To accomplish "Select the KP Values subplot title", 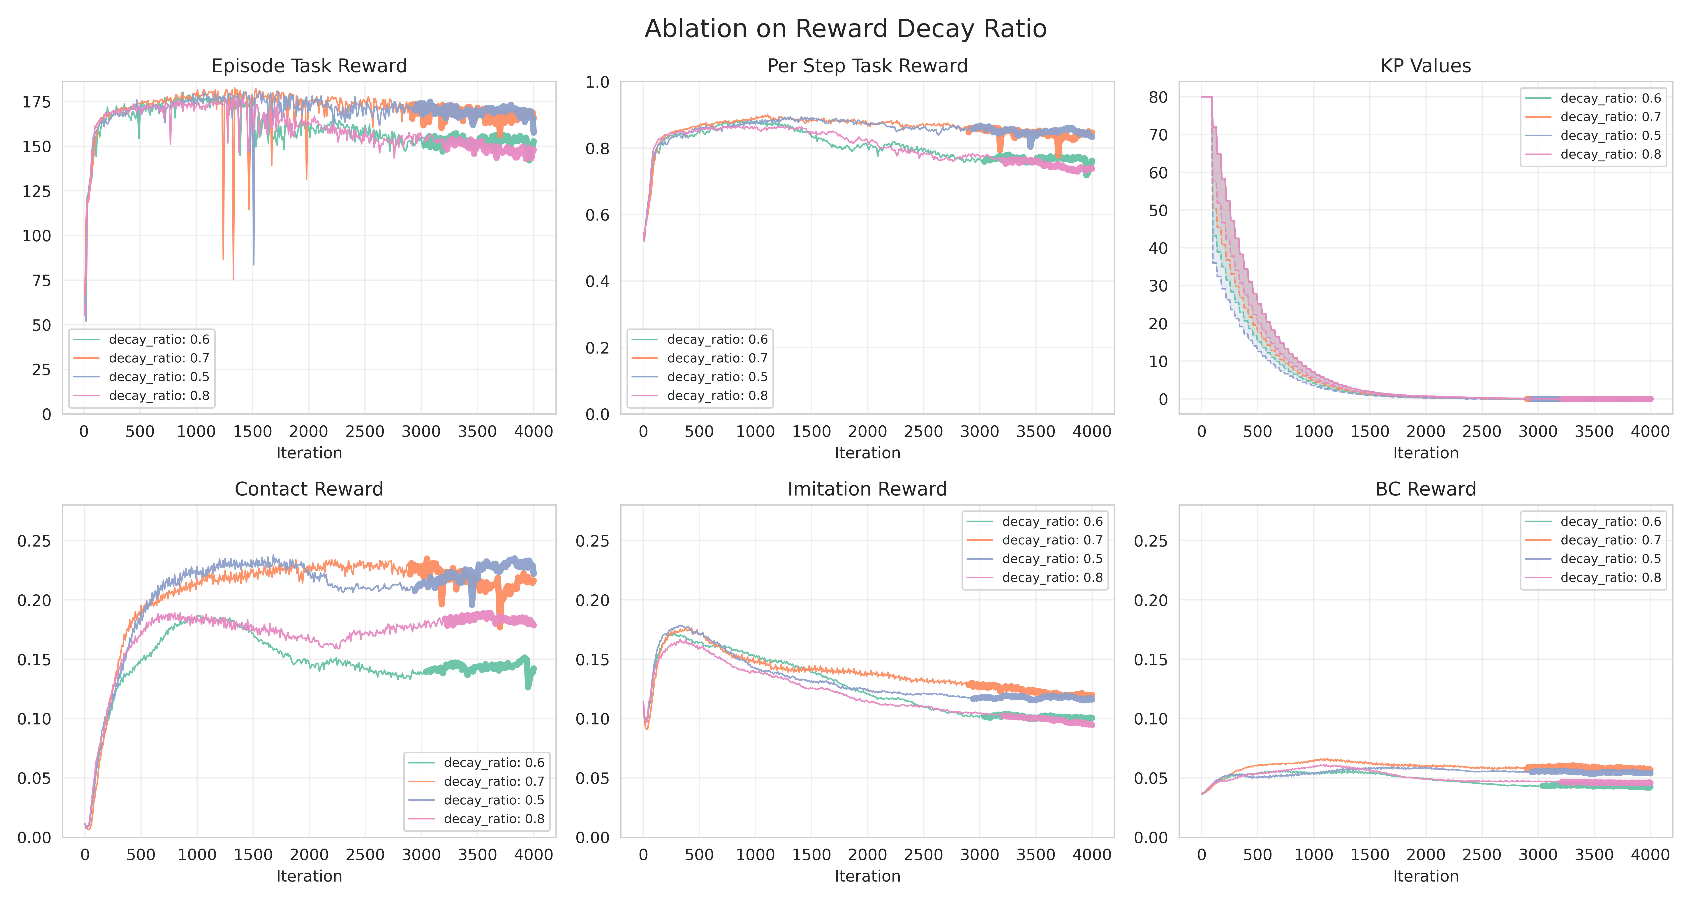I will point(1425,66).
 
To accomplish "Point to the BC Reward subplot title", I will point(1425,489).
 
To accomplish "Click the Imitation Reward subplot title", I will point(867,489).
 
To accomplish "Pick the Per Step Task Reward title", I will point(867,66).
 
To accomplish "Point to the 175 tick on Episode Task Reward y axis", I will point(37,102).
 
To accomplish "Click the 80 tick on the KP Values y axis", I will point(1158,97).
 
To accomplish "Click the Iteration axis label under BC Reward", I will point(1425,876).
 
